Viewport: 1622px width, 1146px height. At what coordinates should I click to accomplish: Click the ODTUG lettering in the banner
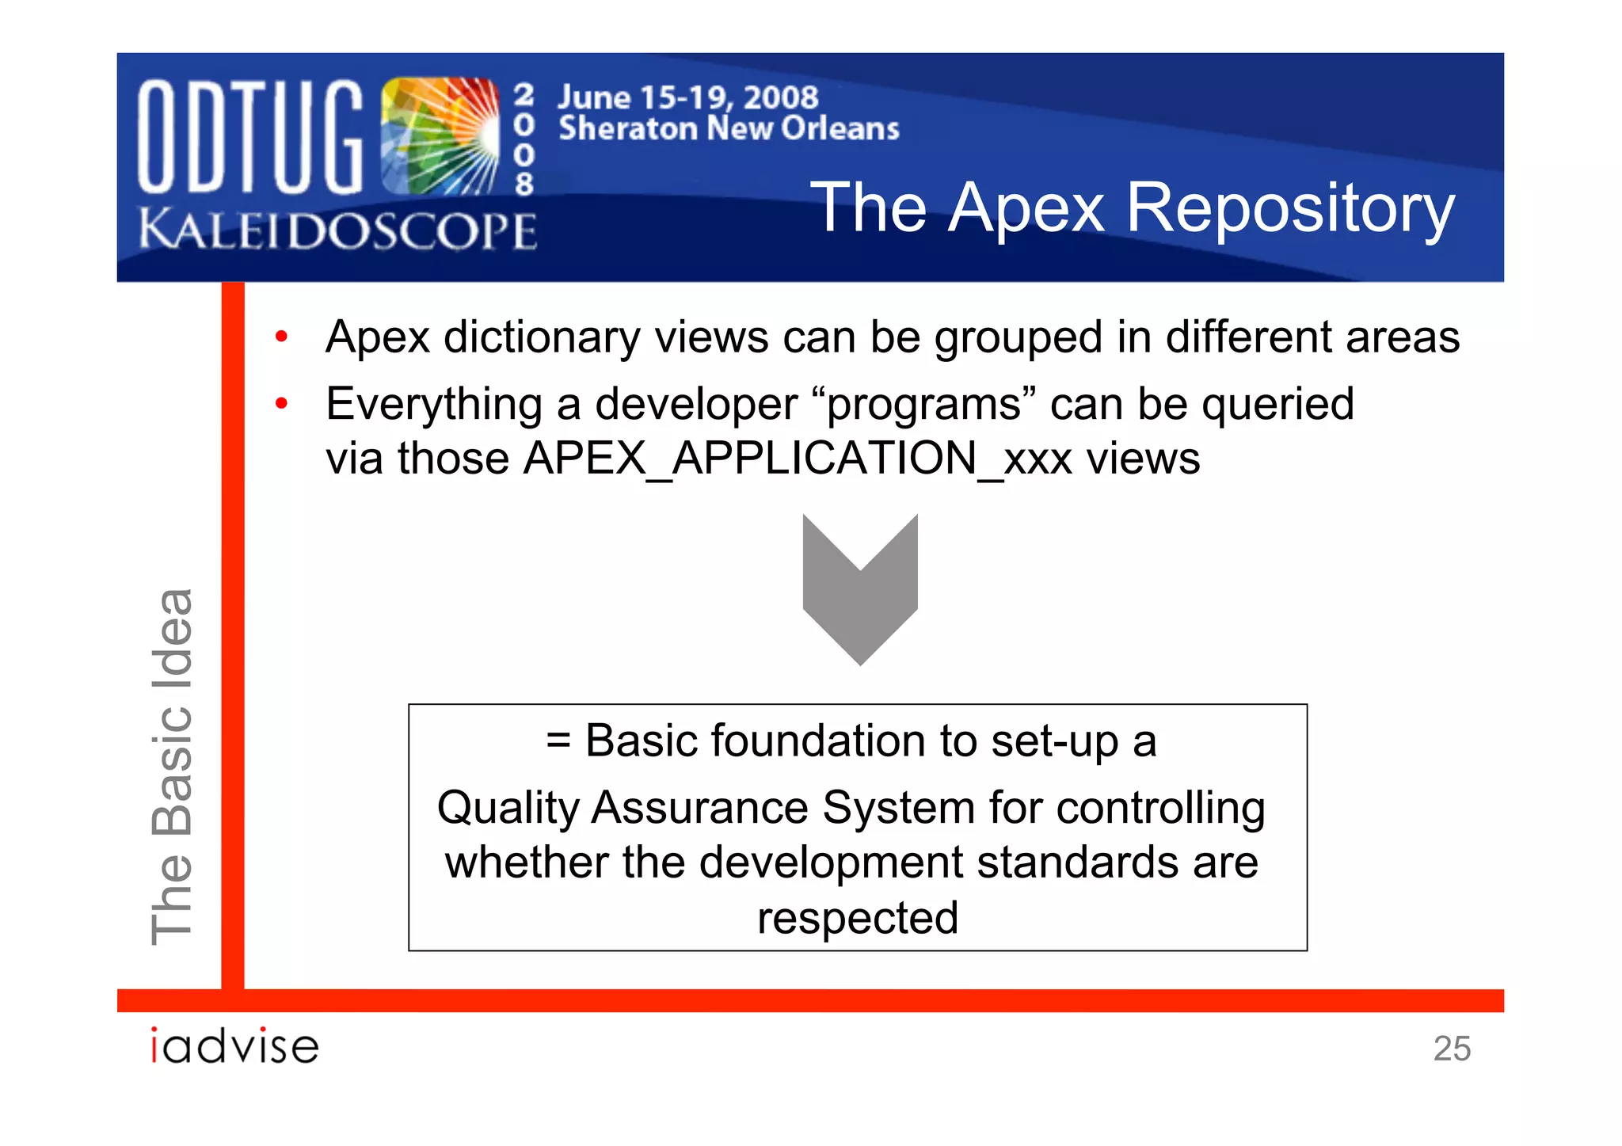[x=249, y=136]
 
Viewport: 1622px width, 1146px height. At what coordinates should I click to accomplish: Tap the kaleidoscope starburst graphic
[x=440, y=136]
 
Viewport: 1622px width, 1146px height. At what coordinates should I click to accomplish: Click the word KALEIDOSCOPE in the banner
[x=338, y=230]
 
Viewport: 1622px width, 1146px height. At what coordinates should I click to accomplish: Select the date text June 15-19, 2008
[x=687, y=97]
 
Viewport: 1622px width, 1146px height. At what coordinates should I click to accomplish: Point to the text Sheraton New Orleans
[x=729, y=128]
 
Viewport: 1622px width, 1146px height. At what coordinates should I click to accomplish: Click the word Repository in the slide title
[x=1290, y=207]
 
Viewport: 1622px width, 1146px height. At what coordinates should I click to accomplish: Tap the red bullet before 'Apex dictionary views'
[x=281, y=337]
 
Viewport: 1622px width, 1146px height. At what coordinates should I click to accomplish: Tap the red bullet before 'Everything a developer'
[x=281, y=405]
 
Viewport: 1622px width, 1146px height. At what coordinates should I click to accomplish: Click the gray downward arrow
[x=860, y=590]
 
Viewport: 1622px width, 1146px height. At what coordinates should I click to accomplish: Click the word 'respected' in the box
[x=858, y=918]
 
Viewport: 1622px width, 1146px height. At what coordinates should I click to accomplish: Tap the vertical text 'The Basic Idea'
[x=172, y=767]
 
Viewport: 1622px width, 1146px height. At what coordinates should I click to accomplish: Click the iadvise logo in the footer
[x=234, y=1046]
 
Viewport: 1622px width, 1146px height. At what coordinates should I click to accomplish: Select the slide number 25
[x=1452, y=1049]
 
